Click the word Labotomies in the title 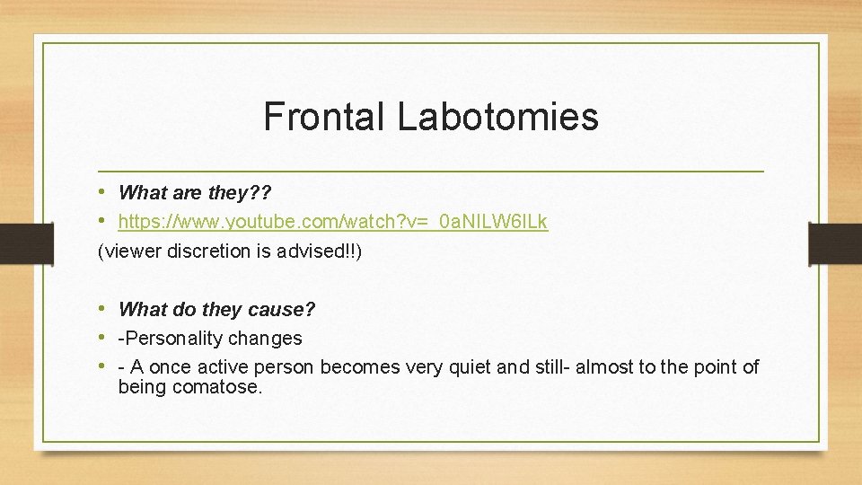pos(497,117)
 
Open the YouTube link pos(333,222)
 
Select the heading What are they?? pos(195,192)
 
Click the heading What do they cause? pos(216,310)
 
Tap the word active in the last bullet pos(218,367)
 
